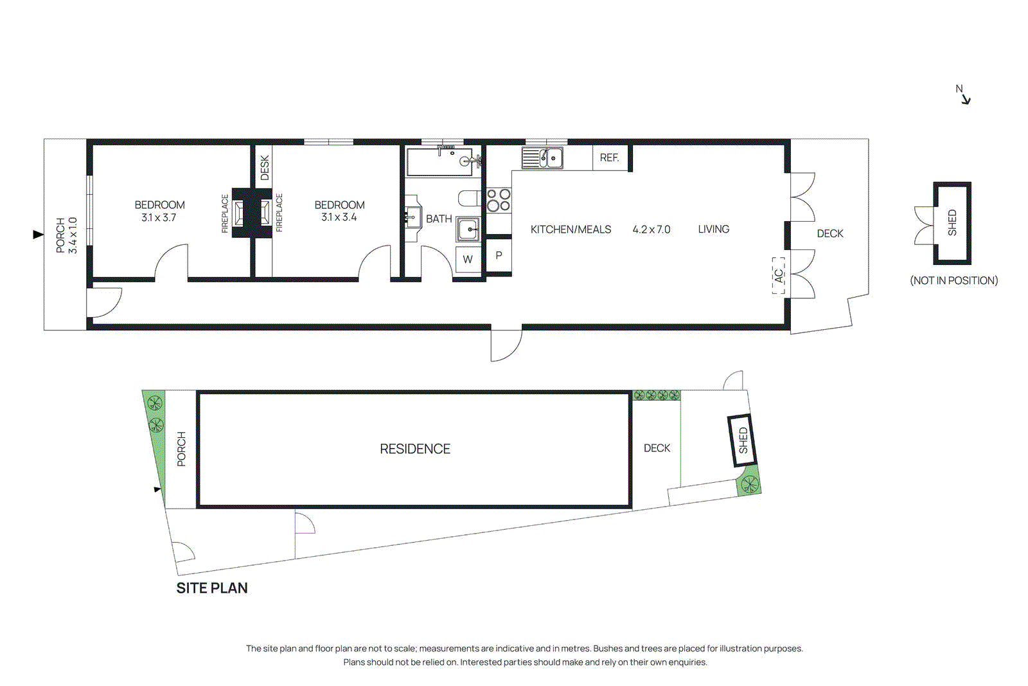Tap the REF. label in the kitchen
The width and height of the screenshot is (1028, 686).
(609, 158)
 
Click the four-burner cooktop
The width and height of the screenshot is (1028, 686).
(499, 200)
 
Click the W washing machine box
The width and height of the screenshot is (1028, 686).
(468, 260)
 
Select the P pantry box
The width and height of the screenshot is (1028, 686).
(499, 255)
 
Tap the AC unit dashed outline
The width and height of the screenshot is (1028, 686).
(779, 275)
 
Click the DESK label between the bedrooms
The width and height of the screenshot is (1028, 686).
(265, 167)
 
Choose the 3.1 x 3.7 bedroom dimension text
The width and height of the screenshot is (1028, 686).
(159, 218)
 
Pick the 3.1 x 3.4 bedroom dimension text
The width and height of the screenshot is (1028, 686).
(339, 217)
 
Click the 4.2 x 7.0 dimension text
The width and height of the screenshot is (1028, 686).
(651, 230)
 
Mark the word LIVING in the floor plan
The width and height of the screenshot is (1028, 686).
(713, 229)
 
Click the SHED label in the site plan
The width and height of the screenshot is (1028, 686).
(743, 440)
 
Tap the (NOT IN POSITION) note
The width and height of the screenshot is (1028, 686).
(953, 280)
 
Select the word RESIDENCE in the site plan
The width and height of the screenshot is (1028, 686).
(414, 449)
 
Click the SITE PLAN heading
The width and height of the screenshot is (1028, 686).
(212, 588)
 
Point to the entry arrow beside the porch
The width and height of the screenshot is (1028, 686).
(38, 235)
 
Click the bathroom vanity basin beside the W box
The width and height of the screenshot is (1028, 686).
(468, 229)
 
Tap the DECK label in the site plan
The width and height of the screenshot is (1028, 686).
(657, 448)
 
